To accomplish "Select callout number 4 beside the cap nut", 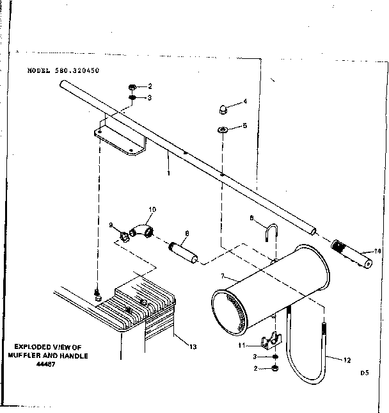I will click(244, 102).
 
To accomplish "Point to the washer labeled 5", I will click(222, 131).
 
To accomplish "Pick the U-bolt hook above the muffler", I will click(271, 234).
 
